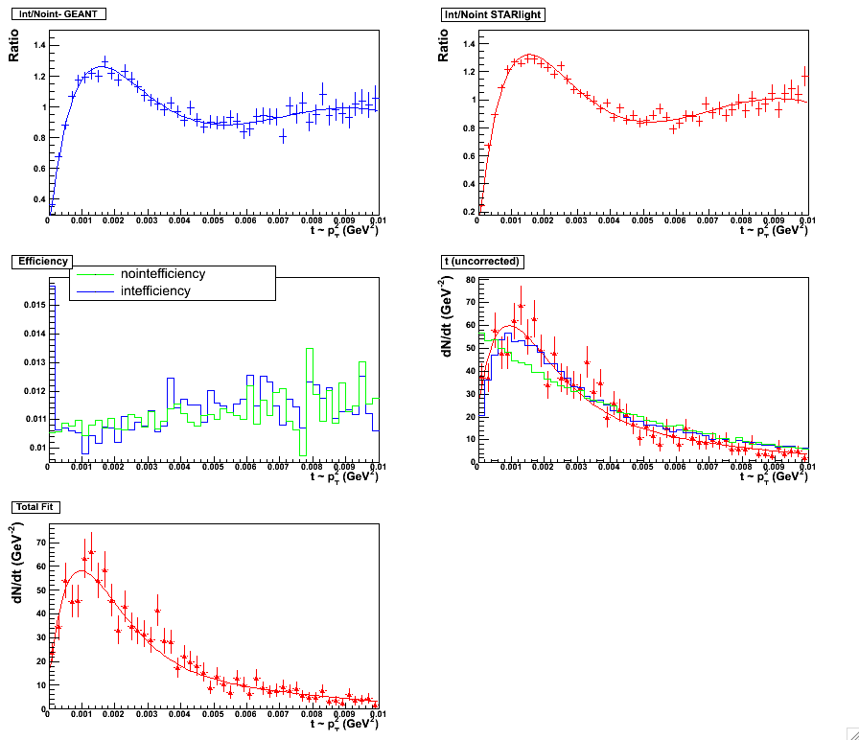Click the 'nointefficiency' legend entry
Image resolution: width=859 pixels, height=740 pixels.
pos(163,274)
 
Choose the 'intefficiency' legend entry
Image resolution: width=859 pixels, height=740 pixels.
pos(155,290)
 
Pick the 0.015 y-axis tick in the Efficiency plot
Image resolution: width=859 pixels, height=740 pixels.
pos(32,305)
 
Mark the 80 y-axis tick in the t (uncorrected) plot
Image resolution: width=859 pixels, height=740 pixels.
pos(469,280)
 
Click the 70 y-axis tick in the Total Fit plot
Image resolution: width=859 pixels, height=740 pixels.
pos(39,542)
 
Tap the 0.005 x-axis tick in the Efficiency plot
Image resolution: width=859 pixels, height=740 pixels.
pos(213,468)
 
